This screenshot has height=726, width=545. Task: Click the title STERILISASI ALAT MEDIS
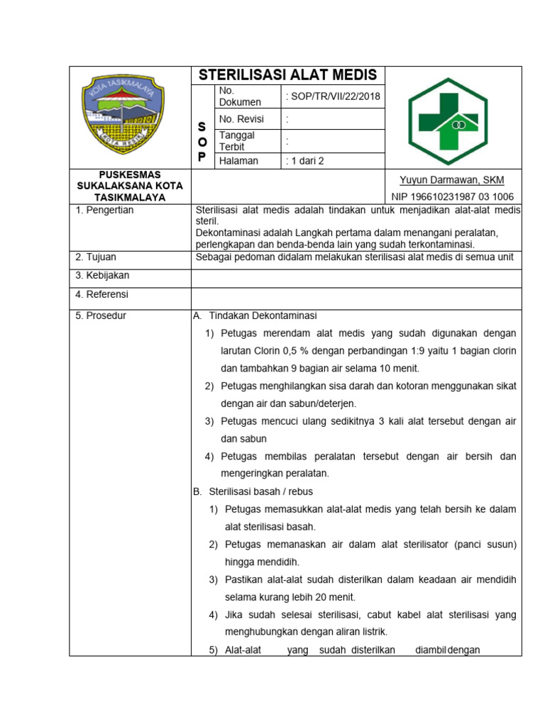[x=288, y=75]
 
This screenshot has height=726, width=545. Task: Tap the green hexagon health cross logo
[x=446, y=118]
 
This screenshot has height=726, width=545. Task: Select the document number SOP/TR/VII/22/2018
[x=332, y=96]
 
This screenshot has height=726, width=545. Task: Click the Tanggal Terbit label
[x=237, y=140]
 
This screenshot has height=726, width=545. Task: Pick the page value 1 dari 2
[x=304, y=161]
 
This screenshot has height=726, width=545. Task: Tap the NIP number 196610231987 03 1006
[x=452, y=196]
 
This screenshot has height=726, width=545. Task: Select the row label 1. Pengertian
[x=104, y=210]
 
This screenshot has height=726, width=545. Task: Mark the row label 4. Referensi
[x=102, y=294]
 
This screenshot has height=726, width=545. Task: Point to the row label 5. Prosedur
[x=101, y=315]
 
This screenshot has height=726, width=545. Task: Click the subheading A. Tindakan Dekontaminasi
[x=255, y=315]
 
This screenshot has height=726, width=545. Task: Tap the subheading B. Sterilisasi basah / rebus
[x=253, y=491]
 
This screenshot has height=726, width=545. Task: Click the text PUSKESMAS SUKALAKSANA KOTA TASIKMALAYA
[x=130, y=186]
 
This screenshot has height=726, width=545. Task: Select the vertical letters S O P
[x=202, y=141]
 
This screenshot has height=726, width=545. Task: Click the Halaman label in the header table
[x=239, y=161]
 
